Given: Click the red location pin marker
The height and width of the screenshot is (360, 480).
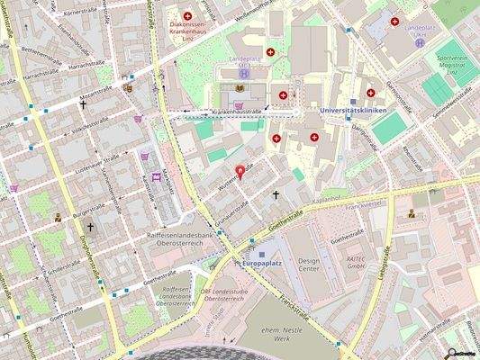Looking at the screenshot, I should [239, 172].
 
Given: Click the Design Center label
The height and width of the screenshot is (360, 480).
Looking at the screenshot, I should [309, 263].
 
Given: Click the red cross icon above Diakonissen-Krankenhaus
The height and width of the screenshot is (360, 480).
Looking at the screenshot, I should [187, 17].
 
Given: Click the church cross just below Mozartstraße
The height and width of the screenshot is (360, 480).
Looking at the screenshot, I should [85, 104].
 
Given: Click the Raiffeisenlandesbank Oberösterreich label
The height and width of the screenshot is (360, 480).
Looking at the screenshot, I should [179, 239].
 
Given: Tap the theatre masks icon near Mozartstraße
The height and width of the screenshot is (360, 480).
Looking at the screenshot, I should [127, 88].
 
